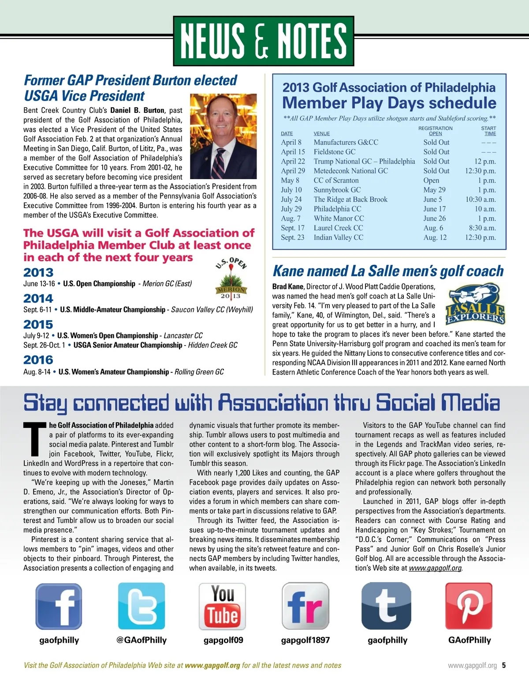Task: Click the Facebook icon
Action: (x=59, y=606)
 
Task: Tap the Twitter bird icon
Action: (x=142, y=606)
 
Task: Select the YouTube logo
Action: (x=223, y=606)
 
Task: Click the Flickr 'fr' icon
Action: (x=305, y=606)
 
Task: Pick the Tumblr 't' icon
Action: (x=386, y=606)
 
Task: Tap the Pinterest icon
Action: (x=469, y=606)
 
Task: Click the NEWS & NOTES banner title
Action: (x=264, y=41)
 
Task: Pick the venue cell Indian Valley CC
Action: (x=339, y=237)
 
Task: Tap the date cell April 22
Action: (x=293, y=161)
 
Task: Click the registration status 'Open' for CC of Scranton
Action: (x=431, y=180)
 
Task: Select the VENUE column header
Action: (x=321, y=134)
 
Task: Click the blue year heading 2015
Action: (x=38, y=325)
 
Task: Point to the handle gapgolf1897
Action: (x=305, y=640)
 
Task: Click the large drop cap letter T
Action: (x=34, y=438)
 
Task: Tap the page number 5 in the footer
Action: (x=503, y=665)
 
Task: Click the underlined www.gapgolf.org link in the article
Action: (x=435, y=568)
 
